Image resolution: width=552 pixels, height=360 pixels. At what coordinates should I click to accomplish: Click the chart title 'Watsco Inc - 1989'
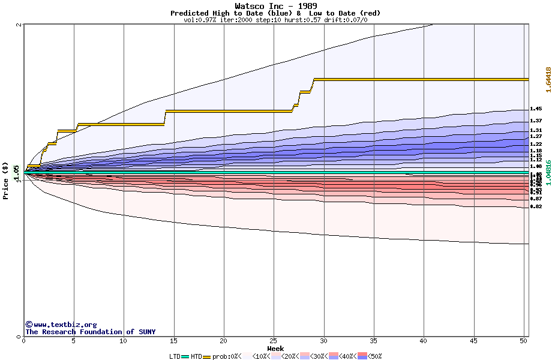click(x=275, y=6)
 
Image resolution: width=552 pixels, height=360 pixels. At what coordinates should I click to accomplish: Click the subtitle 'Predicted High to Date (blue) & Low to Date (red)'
click(x=275, y=13)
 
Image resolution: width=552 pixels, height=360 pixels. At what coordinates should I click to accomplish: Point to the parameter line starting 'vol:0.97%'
click(x=275, y=20)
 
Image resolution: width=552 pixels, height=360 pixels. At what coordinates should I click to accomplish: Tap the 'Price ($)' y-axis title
click(x=6, y=180)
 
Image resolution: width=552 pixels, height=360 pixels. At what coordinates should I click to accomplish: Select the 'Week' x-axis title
click(x=275, y=349)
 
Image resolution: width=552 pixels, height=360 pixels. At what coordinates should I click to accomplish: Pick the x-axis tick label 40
click(x=424, y=341)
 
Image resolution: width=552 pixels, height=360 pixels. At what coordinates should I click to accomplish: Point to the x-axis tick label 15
click(x=174, y=341)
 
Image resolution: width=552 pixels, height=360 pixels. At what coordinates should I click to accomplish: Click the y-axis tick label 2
click(x=19, y=25)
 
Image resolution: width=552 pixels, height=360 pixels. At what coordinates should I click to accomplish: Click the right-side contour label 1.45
click(x=536, y=109)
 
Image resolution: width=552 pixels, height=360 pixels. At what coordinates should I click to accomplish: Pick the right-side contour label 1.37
click(x=536, y=121)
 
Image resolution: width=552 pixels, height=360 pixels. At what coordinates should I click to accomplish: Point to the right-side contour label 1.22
click(x=536, y=144)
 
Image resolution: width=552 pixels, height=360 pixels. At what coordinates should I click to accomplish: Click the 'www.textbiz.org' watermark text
click(x=65, y=325)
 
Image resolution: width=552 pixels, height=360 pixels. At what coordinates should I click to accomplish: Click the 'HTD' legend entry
click(x=196, y=356)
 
